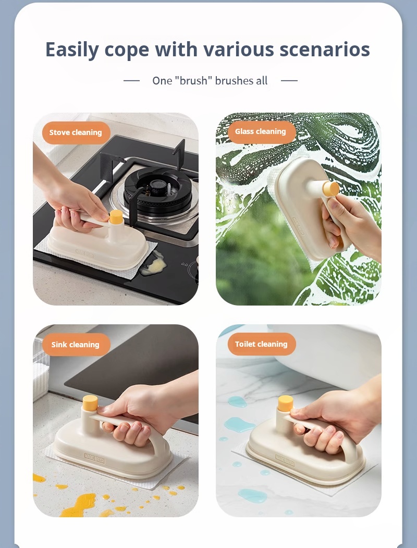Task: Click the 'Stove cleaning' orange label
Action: point(76,132)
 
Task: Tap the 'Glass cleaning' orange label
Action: point(262,132)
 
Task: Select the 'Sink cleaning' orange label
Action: point(76,345)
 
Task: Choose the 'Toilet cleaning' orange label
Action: point(262,344)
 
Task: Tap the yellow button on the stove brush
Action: point(116,216)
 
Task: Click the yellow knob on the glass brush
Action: point(331,189)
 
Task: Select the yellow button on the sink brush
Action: point(90,403)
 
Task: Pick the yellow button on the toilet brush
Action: point(285,404)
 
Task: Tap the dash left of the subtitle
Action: point(132,81)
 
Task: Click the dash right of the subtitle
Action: point(289,81)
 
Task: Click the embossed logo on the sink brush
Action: point(95,458)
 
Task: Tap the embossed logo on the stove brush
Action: point(84,253)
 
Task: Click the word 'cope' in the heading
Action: point(127,51)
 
